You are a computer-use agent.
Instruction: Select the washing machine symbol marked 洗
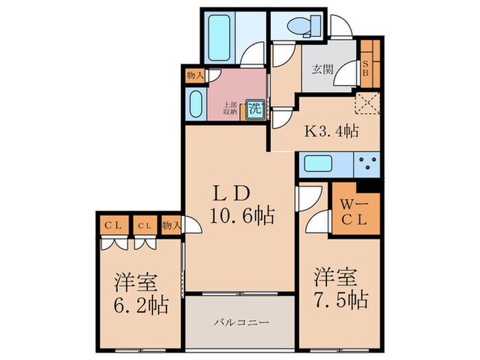255,108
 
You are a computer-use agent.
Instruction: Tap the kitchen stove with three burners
367,165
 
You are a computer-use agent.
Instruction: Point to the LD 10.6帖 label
241,204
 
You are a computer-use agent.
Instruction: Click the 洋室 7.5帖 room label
340,289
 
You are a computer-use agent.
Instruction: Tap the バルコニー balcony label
239,322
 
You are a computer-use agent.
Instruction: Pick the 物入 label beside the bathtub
194,75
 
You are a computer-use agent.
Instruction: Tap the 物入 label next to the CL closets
171,225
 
